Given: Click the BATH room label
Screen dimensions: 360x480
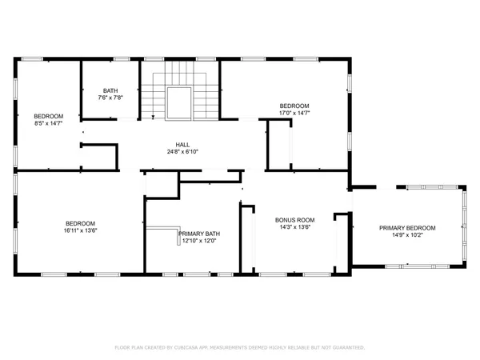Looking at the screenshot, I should point(110,90).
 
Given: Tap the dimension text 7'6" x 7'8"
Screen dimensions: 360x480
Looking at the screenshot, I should point(110,98).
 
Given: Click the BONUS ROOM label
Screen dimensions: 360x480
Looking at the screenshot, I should point(295,219).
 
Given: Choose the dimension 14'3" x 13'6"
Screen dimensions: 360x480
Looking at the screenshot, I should point(295,227).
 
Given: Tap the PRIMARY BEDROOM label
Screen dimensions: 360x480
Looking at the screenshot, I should point(407,228).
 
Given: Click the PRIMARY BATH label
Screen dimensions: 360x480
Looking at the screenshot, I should point(199,234).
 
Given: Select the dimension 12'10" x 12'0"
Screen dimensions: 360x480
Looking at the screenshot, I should point(199,242).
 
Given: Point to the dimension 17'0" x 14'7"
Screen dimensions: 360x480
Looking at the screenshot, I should point(294,114).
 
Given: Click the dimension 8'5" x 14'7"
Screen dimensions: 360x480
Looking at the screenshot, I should point(48,124).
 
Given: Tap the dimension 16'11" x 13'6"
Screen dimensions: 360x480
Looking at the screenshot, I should point(80,231).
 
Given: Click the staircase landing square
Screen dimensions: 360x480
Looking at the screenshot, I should point(180,103).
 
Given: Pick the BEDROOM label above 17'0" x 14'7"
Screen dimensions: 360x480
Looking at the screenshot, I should point(294,106).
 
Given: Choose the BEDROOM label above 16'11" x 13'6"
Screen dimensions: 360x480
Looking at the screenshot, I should point(80,223).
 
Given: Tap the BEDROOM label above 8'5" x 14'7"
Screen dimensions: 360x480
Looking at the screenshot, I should point(48,116).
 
